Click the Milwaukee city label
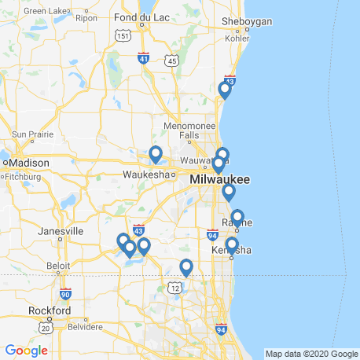coord(219,181)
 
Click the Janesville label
coord(61,232)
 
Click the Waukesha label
coord(146,174)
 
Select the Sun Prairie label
coord(30,134)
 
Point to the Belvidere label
coord(84,325)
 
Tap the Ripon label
coord(86,17)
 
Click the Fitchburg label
coord(21,177)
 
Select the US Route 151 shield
coord(122,35)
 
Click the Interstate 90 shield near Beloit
coord(66,293)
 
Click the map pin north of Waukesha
coord(156,154)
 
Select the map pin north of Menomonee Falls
coord(225,90)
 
